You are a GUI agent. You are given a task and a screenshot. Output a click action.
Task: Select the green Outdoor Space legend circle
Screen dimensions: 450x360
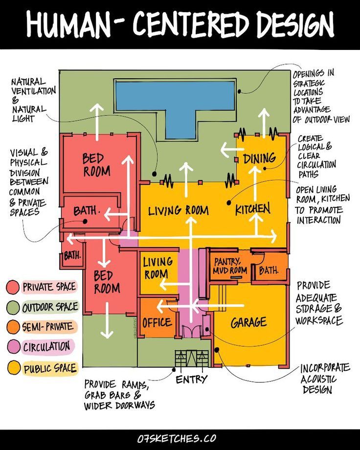13,307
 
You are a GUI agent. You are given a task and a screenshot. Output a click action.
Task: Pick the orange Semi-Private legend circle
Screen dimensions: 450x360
13,327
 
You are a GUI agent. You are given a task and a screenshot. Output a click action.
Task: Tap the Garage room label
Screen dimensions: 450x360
248,322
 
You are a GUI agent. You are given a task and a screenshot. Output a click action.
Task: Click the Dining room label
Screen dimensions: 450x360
259,158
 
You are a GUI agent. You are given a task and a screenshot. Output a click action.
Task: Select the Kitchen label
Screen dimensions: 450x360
252,210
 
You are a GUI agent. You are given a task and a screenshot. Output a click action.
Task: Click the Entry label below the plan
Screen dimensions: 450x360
191,379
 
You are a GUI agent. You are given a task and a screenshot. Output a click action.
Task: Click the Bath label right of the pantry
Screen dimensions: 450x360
269,270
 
